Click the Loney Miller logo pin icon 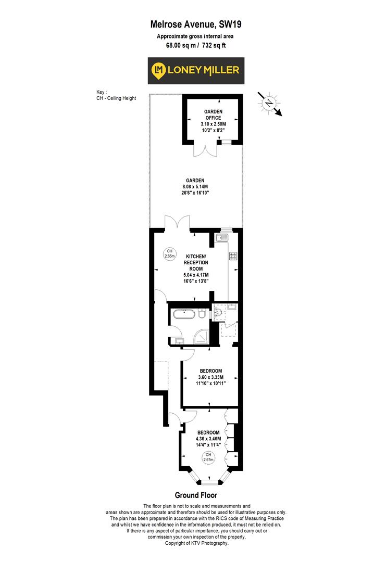158,70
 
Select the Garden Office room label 213,114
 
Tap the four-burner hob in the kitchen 233,256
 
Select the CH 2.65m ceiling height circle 169,253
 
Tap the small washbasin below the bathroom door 179,341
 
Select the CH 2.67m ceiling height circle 209,458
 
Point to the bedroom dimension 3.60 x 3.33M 210,377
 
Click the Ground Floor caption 195,495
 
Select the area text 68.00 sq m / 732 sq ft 195,45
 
